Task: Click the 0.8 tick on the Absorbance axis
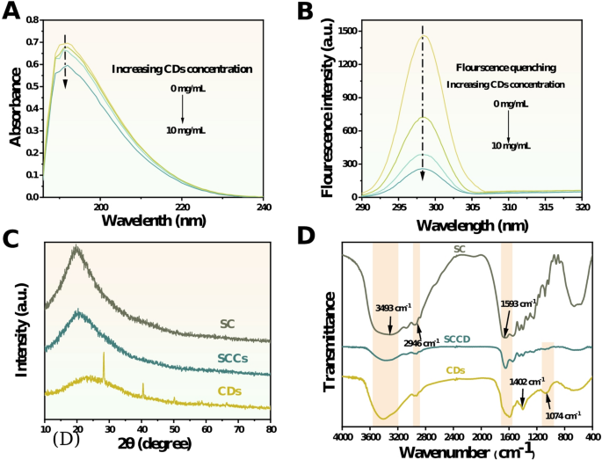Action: (x=33, y=17)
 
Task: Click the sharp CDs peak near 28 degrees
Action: (x=104, y=354)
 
